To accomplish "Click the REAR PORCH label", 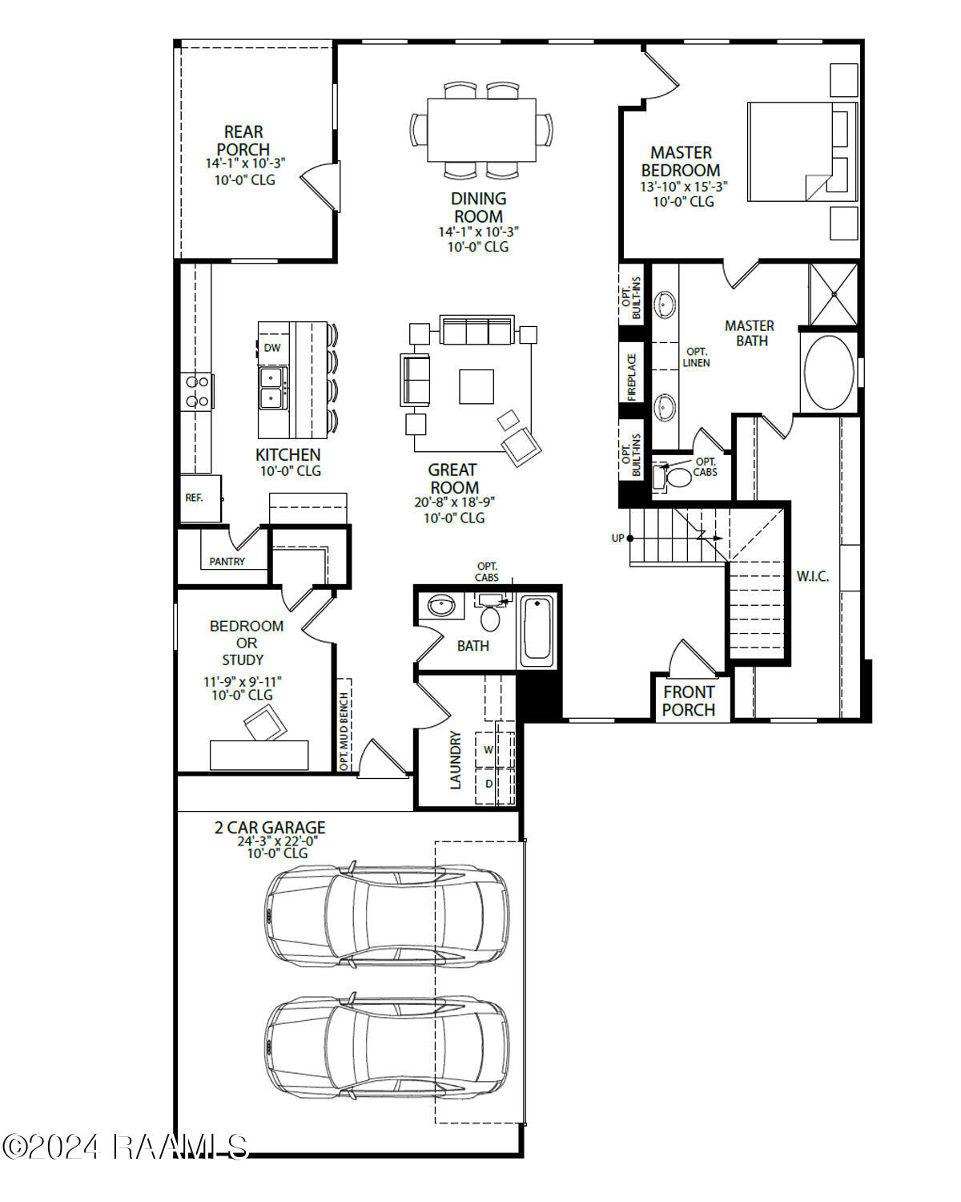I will (x=243, y=140).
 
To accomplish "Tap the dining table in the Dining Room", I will (x=481, y=130).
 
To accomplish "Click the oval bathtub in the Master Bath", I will (x=829, y=373).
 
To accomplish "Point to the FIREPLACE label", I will (x=632, y=377).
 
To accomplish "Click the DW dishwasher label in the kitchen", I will (x=272, y=348).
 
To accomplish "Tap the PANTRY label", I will (x=227, y=562).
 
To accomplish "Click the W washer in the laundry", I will (x=489, y=750).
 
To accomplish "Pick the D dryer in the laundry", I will (x=489, y=784).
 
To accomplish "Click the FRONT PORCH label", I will (x=689, y=701).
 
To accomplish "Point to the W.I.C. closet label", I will (x=812, y=576).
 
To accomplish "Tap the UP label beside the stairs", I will (x=617, y=538).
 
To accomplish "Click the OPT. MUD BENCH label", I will (x=344, y=732).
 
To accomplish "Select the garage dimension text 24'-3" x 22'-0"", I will (x=277, y=841).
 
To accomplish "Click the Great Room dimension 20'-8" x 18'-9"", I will (x=454, y=502).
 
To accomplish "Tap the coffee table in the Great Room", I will (x=476, y=386).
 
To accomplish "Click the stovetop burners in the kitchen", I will (x=197, y=392).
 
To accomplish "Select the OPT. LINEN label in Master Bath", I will (x=696, y=357).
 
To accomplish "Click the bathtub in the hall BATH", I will (x=537, y=630).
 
